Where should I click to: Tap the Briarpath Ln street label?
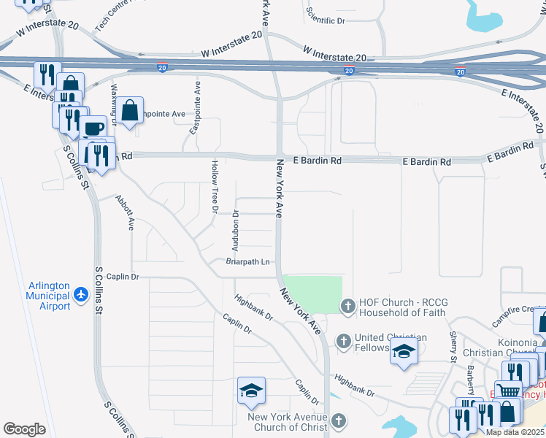tap(248, 261)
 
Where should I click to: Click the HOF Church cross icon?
tap(347, 306)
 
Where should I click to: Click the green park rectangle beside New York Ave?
tap(312, 295)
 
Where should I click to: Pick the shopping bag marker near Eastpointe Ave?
tap(130, 111)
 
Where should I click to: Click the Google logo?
tap(24, 429)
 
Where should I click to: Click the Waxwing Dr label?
tap(114, 103)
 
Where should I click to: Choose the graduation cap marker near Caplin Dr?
tap(251, 391)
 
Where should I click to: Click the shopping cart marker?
tap(508, 393)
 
